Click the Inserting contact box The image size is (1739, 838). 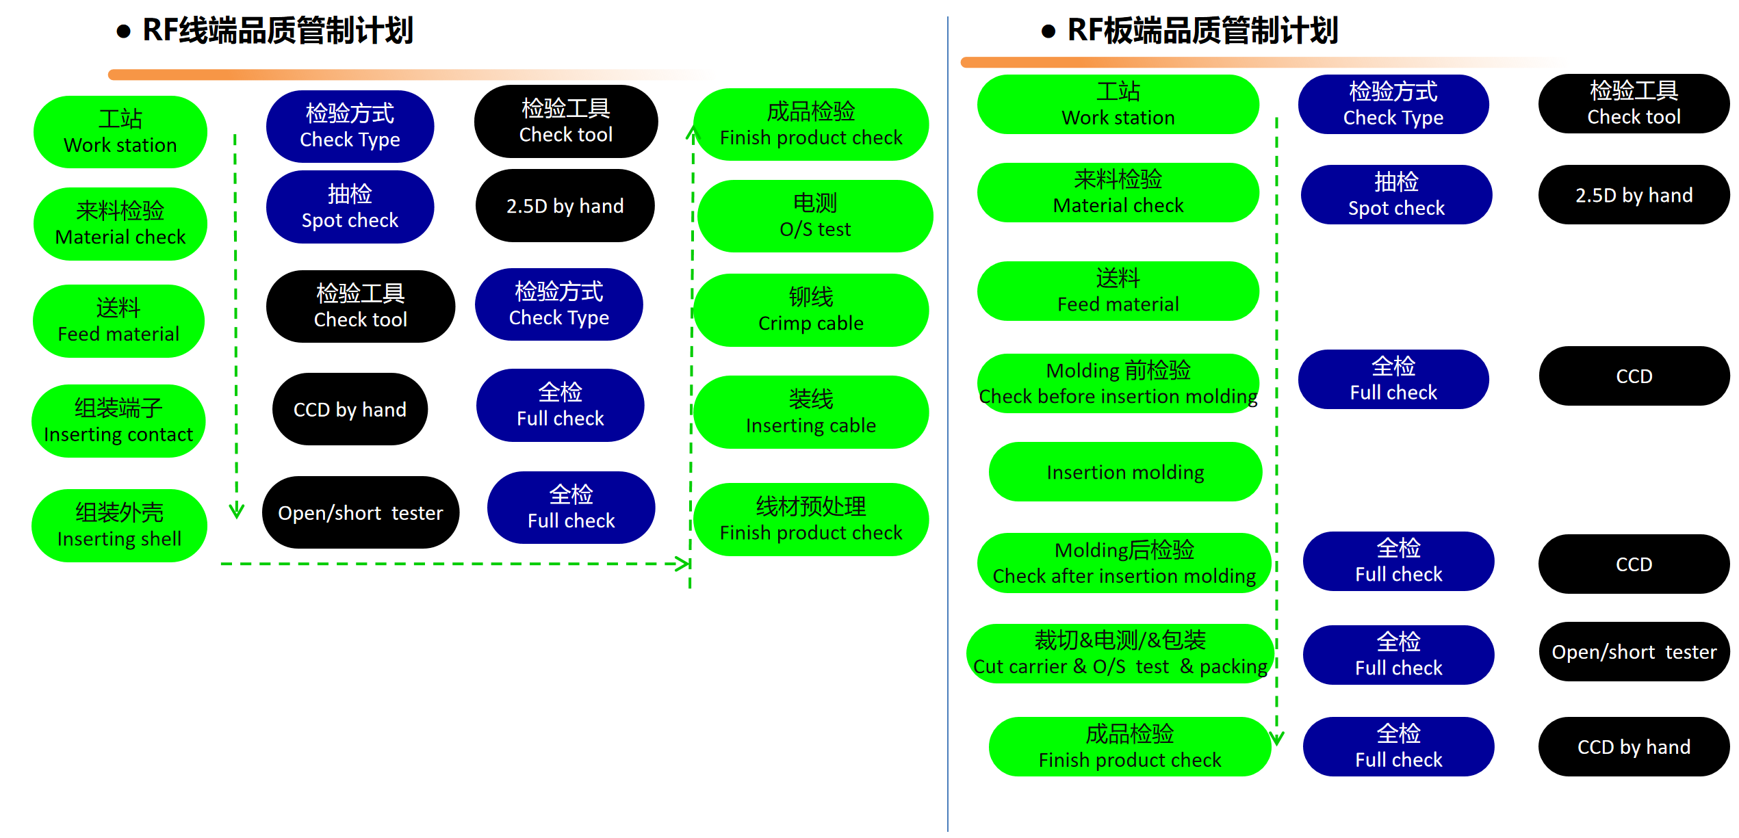click(x=118, y=421)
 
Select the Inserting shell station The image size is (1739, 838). click(x=119, y=525)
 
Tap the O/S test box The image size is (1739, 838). click(x=814, y=216)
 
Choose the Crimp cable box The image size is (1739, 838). click(x=811, y=310)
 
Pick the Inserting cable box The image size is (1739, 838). click(x=811, y=412)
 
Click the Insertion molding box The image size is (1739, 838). click(x=1125, y=472)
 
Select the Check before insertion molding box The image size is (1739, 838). click(x=1118, y=383)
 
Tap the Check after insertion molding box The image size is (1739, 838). click(x=1124, y=562)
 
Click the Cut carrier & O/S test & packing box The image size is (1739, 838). click(x=1120, y=653)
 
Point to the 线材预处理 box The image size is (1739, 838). click(x=811, y=519)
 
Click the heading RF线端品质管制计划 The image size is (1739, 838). click(x=277, y=31)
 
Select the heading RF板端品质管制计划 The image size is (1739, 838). click(x=1202, y=31)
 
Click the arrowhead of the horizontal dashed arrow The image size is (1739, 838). click(x=683, y=564)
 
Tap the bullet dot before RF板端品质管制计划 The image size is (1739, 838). click(x=1048, y=31)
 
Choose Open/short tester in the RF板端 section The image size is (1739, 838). click(x=1634, y=652)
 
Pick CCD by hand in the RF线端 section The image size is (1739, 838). click(x=350, y=409)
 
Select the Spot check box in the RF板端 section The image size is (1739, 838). click(x=1396, y=195)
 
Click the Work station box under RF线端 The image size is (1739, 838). click(x=120, y=132)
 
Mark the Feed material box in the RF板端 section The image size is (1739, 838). click(x=1118, y=291)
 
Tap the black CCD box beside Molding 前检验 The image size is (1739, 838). click(x=1634, y=376)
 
